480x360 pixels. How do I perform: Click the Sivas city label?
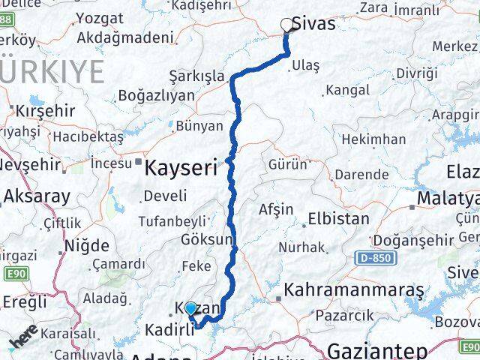[x=316, y=24]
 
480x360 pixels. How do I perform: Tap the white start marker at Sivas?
[x=286, y=25]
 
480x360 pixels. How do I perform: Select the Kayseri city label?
[x=180, y=166]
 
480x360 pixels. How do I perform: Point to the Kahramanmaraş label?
[x=353, y=290]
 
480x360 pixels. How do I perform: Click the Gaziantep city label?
[x=377, y=349]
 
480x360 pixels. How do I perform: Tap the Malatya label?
[x=448, y=198]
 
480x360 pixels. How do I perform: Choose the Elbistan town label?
[x=337, y=220]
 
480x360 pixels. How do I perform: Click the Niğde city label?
[x=87, y=245]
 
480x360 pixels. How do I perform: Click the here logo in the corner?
[x=24, y=338]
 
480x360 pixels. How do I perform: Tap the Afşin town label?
[x=276, y=209]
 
